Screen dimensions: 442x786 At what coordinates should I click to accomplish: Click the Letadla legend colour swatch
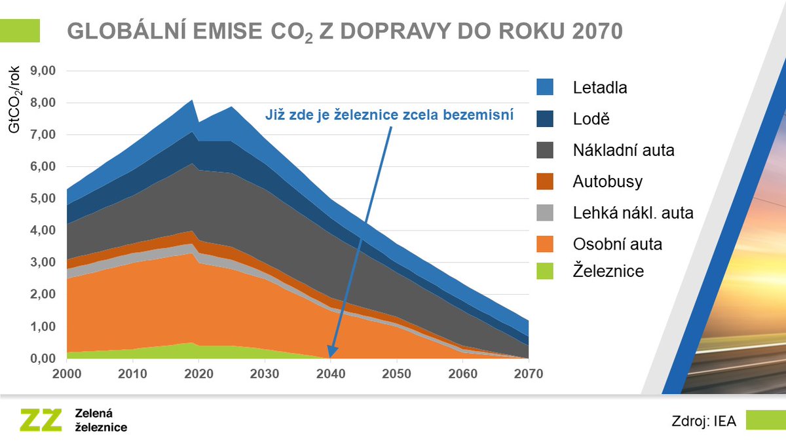pyautogui.click(x=545, y=87)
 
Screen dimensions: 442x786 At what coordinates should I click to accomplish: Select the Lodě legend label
pyautogui.click(x=591, y=119)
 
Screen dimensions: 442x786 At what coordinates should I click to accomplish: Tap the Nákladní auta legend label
pyautogui.click(x=624, y=151)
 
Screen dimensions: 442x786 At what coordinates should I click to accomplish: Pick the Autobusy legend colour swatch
pyautogui.click(x=545, y=181)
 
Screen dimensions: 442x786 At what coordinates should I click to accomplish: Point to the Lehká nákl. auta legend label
pyautogui.click(x=633, y=213)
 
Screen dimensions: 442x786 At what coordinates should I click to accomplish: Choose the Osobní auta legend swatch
pyautogui.click(x=545, y=244)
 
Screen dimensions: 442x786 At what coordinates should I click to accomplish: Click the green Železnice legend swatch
pyautogui.click(x=545, y=270)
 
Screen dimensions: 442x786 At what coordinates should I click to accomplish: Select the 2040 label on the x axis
pyautogui.click(x=331, y=373)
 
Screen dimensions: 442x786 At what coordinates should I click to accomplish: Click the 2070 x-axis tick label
pyautogui.click(x=528, y=373)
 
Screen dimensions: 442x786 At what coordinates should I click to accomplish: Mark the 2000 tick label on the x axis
pyautogui.click(x=67, y=373)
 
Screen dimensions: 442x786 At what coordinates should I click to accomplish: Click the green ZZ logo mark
pyautogui.click(x=41, y=420)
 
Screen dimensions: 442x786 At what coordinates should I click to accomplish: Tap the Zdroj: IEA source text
pyautogui.click(x=703, y=422)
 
